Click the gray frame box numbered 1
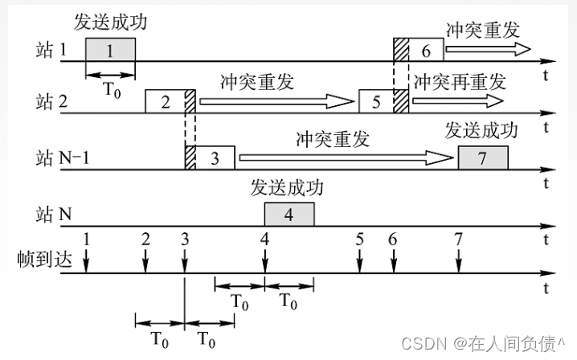[110, 50]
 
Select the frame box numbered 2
[165, 102]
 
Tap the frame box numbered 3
[215, 157]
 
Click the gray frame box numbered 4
[289, 214]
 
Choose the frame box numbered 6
[426, 50]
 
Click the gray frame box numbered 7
[482, 158]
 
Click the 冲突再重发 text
[460, 81]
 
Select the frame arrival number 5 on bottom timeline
[359, 239]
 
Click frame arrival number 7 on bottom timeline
[458, 239]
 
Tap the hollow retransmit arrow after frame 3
[346, 158]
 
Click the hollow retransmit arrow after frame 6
[487, 50]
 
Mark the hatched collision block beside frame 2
[190, 102]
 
